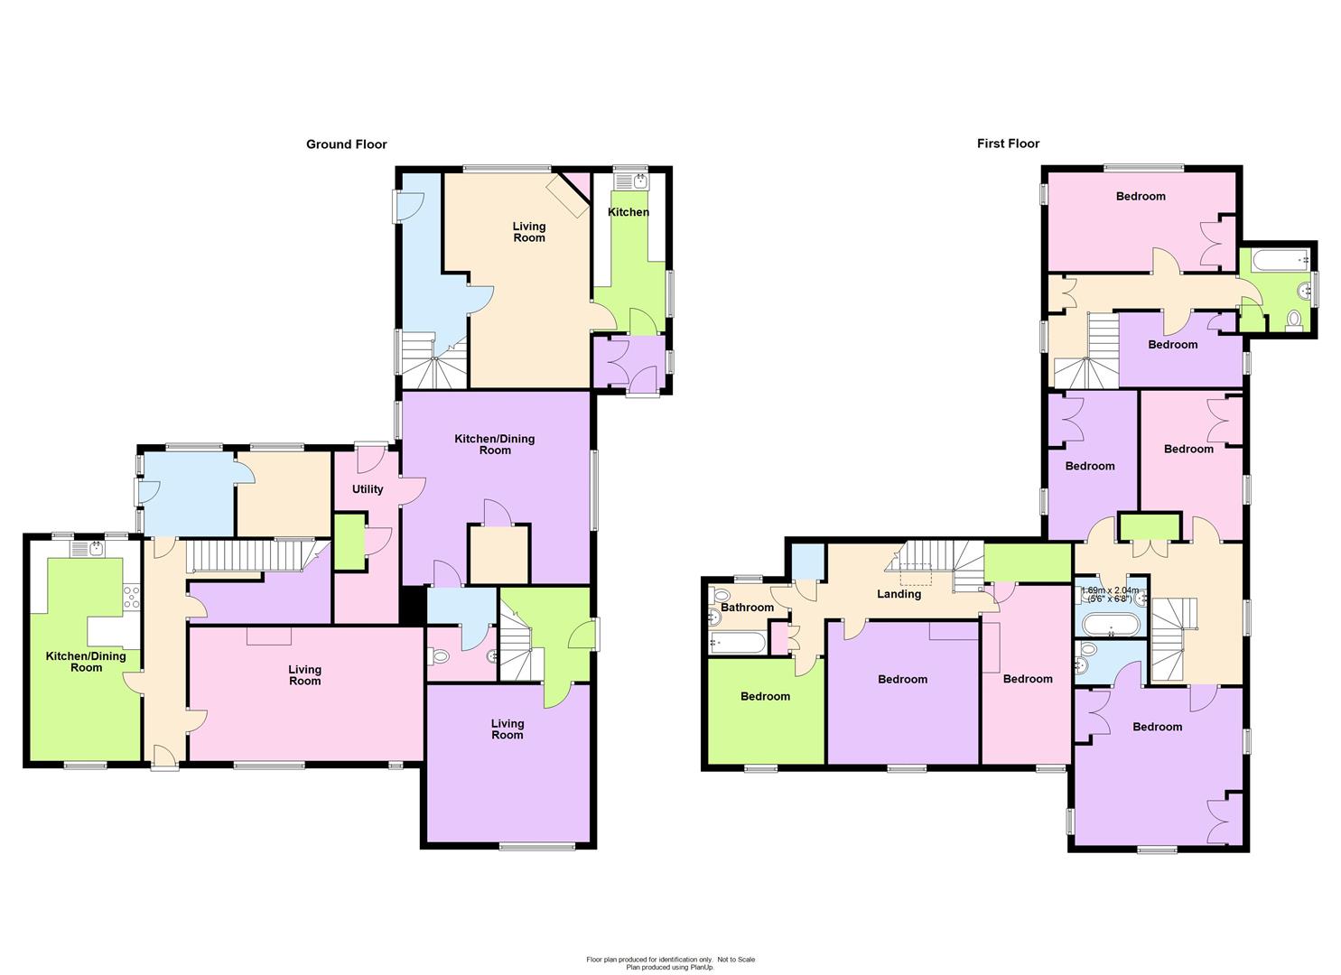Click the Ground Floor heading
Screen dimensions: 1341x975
point(347,144)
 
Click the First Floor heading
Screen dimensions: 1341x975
point(1008,144)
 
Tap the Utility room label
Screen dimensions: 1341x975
point(367,489)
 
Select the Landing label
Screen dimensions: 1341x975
point(899,594)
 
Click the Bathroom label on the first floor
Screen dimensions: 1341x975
point(747,607)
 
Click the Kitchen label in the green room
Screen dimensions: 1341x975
point(628,212)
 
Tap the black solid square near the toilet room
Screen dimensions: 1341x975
point(413,606)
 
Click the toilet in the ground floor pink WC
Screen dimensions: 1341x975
point(441,656)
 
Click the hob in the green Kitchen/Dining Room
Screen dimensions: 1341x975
point(132,598)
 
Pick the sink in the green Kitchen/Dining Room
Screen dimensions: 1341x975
point(87,549)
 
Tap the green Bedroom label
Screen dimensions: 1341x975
point(765,696)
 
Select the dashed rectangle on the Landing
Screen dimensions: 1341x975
point(917,573)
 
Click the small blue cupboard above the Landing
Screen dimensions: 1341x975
point(808,562)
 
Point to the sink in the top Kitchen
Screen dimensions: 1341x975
point(631,181)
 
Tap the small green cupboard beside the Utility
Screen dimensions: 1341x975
point(349,543)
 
